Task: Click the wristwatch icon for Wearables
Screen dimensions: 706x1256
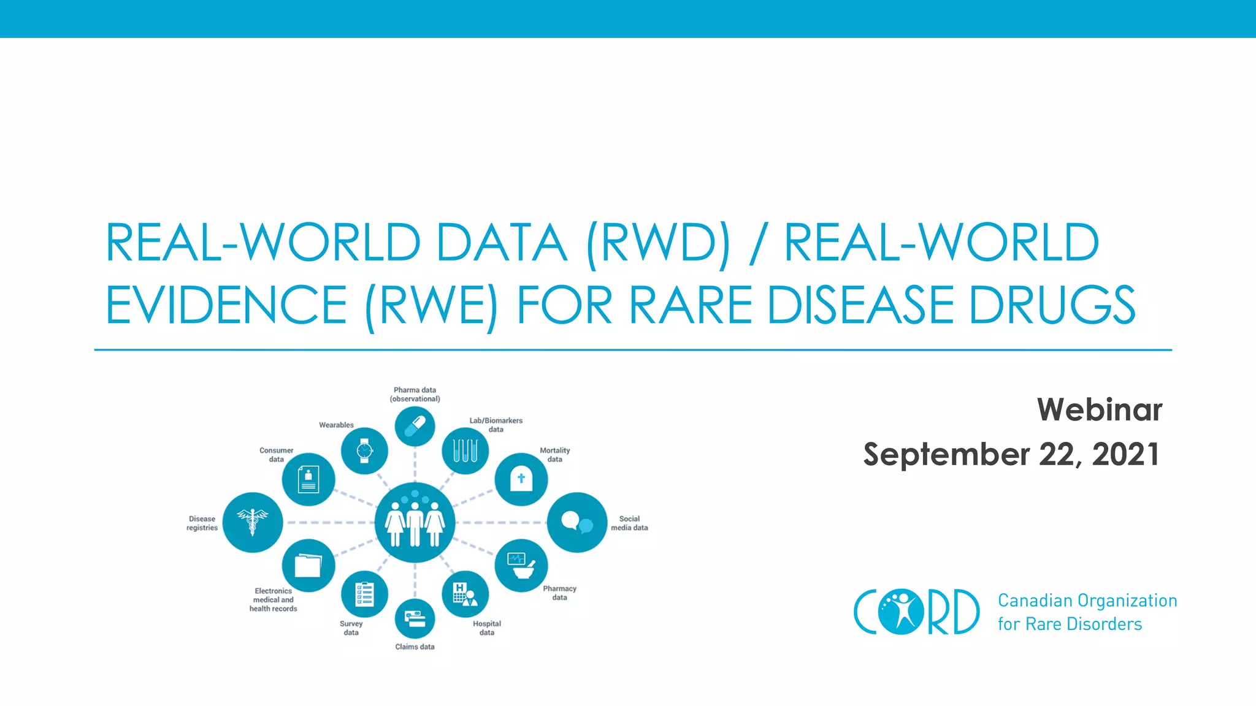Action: coord(364,451)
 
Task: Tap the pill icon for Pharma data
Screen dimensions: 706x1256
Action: coord(415,426)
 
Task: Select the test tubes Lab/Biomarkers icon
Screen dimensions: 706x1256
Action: coord(465,451)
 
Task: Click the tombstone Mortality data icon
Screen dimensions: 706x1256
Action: coord(521,479)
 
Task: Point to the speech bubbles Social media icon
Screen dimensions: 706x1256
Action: coord(577,522)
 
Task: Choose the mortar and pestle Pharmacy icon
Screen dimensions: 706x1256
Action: coord(521,565)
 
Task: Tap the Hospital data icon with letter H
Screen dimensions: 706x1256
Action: coord(465,594)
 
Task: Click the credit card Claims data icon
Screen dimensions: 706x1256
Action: coord(415,619)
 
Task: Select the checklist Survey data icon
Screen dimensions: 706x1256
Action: coord(364,594)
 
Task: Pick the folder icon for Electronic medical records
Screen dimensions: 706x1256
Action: coord(308,565)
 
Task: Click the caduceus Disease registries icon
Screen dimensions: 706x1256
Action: coord(253,522)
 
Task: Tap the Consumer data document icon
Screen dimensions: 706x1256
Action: coord(308,479)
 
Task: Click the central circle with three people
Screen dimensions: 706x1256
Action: coord(415,522)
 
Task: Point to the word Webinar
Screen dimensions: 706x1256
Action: coord(1100,409)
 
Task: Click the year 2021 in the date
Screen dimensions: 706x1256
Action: coord(1126,454)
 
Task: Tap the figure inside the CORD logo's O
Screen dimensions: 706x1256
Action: coord(902,611)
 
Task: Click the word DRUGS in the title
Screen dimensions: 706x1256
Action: coord(1052,305)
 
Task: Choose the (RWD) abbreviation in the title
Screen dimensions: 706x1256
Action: coord(658,243)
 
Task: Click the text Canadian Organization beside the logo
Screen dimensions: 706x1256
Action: coord(1087,600)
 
